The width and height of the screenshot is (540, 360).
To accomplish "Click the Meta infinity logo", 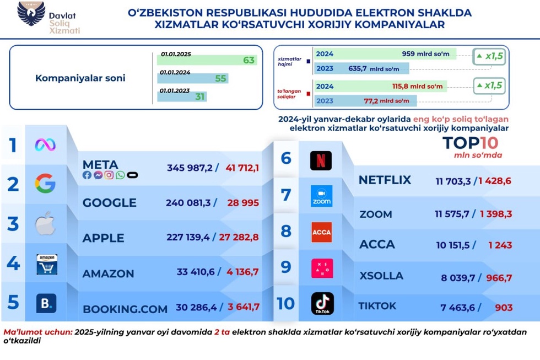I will (x=45, y=145).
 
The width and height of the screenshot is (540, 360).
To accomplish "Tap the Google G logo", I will (x=45, y=183).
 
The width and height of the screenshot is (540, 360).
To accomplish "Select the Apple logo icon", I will (x=46, y=224).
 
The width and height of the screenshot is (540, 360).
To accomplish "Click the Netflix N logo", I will (x=321, y=160).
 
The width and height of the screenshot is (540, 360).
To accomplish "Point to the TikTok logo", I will (x=322, y=304).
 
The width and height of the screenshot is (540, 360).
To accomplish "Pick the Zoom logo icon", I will (x=321, y=196).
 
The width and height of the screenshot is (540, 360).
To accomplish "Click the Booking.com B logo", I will (x=46, y=303).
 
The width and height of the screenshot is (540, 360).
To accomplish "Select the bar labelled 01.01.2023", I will (x=182, y=96).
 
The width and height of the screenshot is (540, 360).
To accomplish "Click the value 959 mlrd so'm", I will (x=429, y=54).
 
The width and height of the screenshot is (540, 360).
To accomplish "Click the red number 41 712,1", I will (x=241, y=168).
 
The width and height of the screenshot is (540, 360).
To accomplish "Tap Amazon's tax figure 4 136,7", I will (x=241, y=271).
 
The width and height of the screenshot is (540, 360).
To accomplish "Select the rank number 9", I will (x=285, y=267).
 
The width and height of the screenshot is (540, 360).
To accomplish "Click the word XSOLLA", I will (x=381, y=276).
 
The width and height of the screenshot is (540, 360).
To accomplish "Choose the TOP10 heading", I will (x=470, y=143).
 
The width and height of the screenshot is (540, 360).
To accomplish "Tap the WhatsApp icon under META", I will (x=120, y=175).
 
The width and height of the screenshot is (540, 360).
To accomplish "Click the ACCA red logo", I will (x=321, y=232).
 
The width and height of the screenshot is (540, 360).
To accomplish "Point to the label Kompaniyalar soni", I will (x=80, y=78).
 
